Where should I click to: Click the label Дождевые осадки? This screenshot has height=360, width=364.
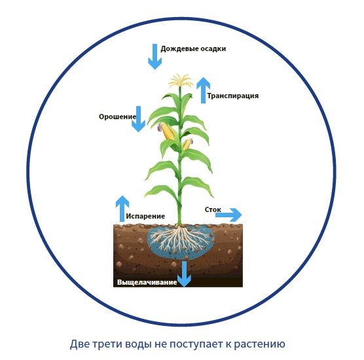point(193,49)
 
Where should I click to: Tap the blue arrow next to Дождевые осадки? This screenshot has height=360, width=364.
point(155,57)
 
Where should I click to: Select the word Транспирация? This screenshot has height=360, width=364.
point(233,96)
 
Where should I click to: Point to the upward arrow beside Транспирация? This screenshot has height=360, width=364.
point(204,90)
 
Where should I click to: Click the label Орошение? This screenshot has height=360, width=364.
point(117,117)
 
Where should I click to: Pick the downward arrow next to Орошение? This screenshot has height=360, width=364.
point(138,119)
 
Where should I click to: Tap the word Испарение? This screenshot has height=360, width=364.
point(145,216)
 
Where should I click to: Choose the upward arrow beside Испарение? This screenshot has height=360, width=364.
point(122,209)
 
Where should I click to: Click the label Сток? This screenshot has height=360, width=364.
point(213,209)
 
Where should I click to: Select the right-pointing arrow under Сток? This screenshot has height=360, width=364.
point(228,215)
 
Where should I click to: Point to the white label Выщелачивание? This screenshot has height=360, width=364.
point(147,282)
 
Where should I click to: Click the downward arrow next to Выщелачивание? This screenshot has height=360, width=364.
point(185,274)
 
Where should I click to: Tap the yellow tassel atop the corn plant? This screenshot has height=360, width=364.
point(181,81)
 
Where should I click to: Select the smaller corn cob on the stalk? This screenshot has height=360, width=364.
point(187,144)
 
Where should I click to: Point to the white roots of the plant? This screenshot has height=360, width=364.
point(179,240)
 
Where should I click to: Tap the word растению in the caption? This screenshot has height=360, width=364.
point(259,344)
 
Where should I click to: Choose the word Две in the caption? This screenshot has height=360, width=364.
point(80,344)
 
